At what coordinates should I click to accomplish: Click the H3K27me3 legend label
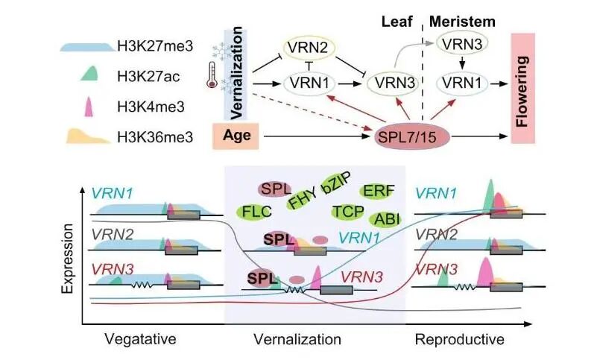pyautogui.click(x=157, y=47)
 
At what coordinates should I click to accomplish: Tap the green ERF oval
pyautogui.click(x=376, y=191)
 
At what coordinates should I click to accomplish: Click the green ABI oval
pyautogui.click(x=388, y=219)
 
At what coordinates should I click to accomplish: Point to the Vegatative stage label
pyautogui.click(x=142, y=340)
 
